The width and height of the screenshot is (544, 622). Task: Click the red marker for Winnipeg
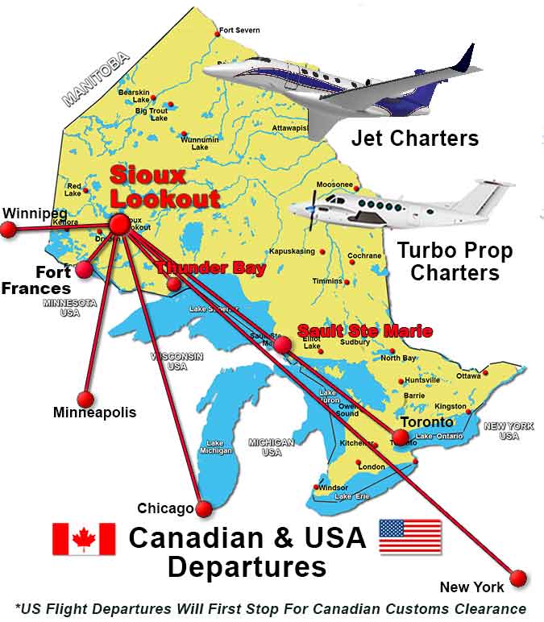click(8, 230)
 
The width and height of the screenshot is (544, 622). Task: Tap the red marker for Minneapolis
click(85, 399)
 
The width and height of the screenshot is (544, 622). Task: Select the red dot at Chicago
click(203, 509)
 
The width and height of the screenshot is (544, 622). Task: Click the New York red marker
click(518, 578)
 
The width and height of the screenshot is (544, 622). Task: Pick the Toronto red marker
click(401, 437)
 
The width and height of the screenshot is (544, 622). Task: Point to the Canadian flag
click(84, 539)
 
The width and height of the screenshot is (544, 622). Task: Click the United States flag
click(409, 537)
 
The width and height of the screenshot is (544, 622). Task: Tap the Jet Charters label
click(414, 138)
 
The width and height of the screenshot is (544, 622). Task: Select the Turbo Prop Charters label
click(455, 261)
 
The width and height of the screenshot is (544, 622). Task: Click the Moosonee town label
click(334, 185)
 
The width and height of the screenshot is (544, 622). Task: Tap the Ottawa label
click(468, 375)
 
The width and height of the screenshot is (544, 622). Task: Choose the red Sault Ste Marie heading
click(364, 331)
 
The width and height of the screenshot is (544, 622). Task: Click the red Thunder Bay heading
click(211, 269)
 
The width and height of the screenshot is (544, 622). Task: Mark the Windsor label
click(333, 487)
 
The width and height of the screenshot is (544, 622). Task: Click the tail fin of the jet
click(465, 59)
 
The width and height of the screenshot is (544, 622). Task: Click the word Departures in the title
click(247, 566)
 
